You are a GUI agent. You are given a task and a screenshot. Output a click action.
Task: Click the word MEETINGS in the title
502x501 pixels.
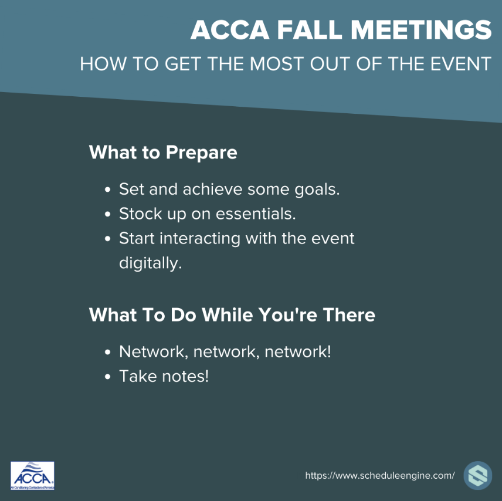pyautogui.click(x=421, y=30)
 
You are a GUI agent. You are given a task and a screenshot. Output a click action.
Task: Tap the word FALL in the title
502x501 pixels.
pyautogui.click(x=310, y=30)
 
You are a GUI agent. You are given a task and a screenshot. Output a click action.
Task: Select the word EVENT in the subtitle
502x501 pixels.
pyautogui.click(x=461, y=64)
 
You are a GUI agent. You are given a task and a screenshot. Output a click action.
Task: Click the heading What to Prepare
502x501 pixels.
pyautogui.click(x=163, y=152)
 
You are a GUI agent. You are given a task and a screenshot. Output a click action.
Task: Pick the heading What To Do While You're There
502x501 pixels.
pyautogui.click(x=232, y=314)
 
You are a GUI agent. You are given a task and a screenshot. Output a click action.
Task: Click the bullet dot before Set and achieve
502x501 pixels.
pyautogui.click(x=107, y=189)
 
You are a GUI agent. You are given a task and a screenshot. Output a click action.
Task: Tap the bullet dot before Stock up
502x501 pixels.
pyautogui.click(x=107, y=214)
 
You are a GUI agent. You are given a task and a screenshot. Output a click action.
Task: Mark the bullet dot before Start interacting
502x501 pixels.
pyautogui.click(x=107, y=239)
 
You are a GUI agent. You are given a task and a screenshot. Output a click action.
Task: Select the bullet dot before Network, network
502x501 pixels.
pyautogui.click(x=107, y=352)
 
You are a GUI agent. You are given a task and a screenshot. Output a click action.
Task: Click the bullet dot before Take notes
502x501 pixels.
pyautogui.click(x=107, y=377)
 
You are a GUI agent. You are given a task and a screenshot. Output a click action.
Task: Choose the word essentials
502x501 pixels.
pyautogui.click(x=256, y=214)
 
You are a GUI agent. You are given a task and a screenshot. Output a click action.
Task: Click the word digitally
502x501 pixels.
pyautogui.click(x=150, y=263)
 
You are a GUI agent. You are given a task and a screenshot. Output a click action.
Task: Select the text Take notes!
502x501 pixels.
pyautogui.click(x=164, y=376)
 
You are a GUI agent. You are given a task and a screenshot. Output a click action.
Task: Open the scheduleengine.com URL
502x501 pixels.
pyautogui.click(x=379, y=475)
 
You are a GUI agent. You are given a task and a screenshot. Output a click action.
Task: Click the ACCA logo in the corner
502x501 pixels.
pyautogui.click(x=32, y=476)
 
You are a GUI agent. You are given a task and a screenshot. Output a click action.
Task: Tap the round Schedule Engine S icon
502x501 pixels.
pyautogui.click(x=478, y=475)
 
